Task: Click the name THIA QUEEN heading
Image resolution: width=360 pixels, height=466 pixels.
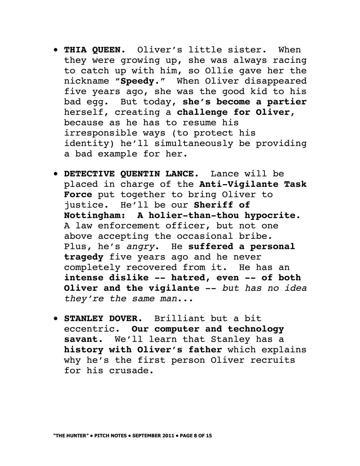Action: pyautogui.click(x=94, y=50)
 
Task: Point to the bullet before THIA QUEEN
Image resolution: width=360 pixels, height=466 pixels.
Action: pyautogui.click(x=57, y=50)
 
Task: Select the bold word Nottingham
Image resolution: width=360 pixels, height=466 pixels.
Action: pyautogui.click(x=94, y=215)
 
